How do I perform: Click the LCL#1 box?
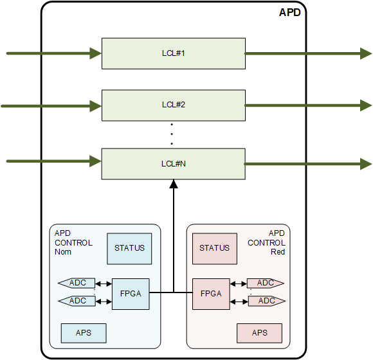173,53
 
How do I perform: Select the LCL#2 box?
173,105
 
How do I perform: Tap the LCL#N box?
173,164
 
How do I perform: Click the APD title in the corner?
289,12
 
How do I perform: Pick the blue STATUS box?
129,248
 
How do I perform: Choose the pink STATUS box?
214,248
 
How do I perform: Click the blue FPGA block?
130,294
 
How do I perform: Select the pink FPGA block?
211,294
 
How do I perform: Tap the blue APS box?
84,333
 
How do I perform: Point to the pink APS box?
259,333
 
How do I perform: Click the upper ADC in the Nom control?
77,283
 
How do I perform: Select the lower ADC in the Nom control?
77,301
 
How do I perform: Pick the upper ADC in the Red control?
266,283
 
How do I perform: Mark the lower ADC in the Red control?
266,301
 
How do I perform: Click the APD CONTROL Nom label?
73,243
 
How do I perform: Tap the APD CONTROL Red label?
267,243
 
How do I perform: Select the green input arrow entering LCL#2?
51,105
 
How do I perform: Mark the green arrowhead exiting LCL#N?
364,164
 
